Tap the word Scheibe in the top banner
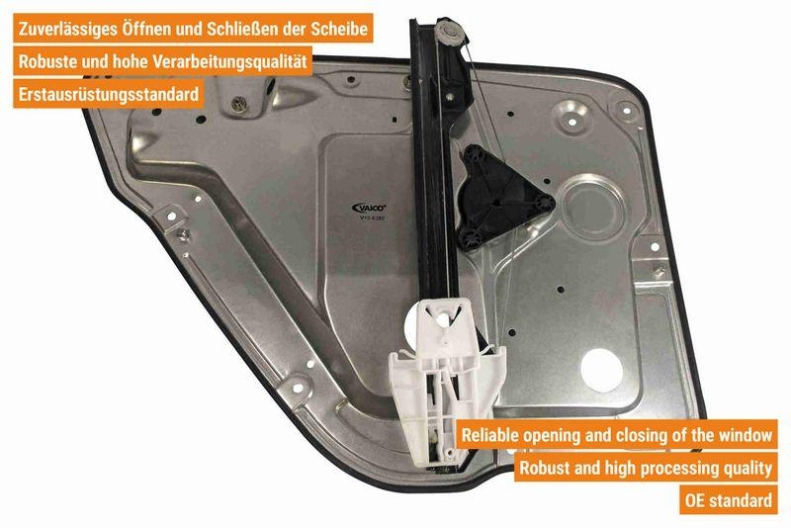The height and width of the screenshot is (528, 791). point(341,30)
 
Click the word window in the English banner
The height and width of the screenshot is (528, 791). point(745,433)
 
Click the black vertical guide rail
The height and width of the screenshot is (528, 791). point(435,178)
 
